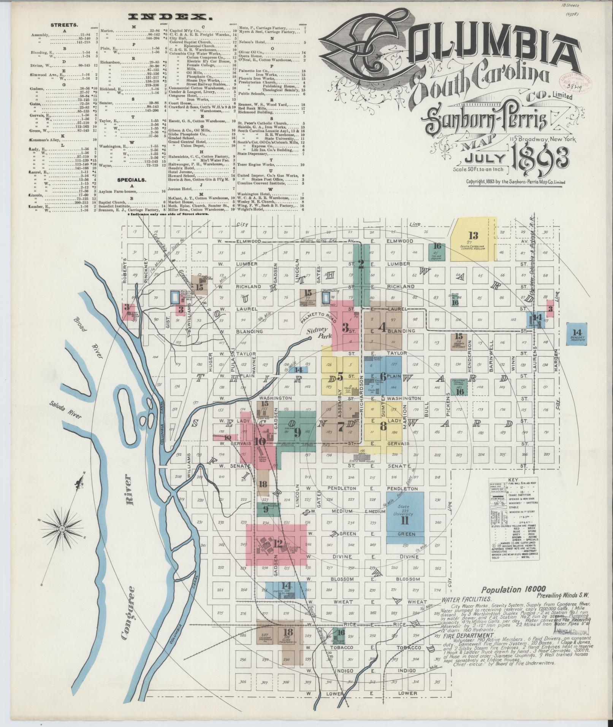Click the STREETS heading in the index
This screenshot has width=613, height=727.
pos(65,25)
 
